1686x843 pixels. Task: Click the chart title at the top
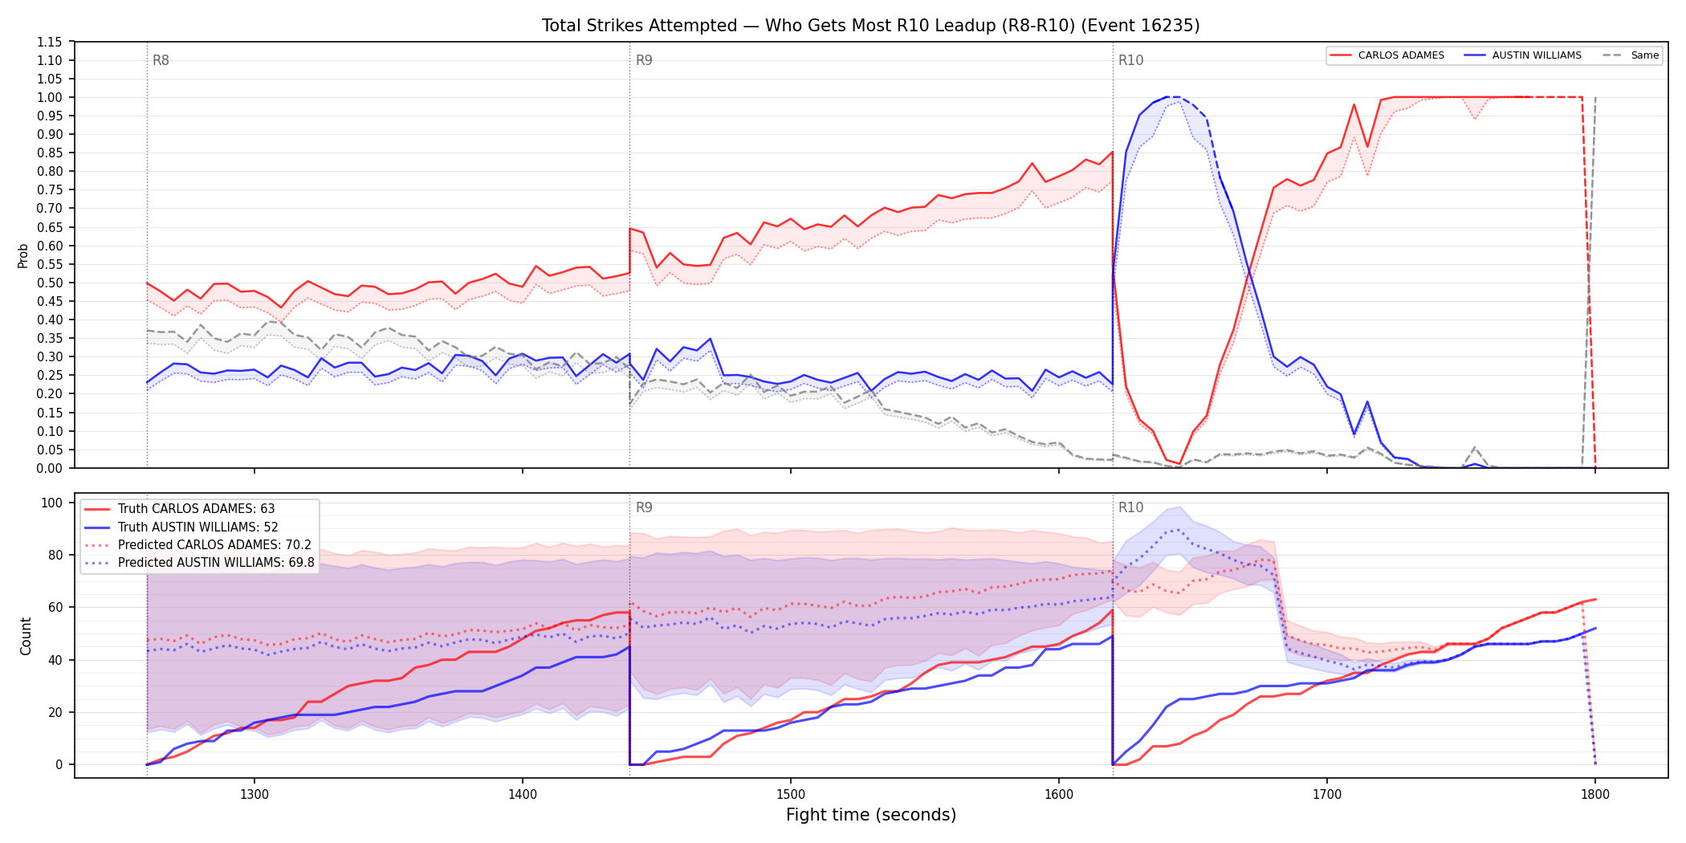point(870,26)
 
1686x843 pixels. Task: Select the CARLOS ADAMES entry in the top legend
point(1387,55)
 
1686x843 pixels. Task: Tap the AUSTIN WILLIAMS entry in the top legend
point(1523,55)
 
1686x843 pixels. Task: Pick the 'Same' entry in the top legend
point(1631,55)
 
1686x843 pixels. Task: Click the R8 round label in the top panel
point(161,60)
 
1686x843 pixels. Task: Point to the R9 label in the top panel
point(644,60)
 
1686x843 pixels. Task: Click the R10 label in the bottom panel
point(1130,507)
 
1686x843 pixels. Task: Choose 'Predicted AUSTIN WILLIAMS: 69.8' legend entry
point(200,562)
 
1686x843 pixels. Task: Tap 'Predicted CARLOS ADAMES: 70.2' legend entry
point(198,544)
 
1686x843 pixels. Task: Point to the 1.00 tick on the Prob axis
point(49,97)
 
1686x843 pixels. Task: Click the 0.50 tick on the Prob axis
point(49,283)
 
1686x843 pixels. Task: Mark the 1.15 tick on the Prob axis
point(49,42)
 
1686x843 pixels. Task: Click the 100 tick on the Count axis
point(52,503)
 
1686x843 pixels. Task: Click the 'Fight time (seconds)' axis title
point(871,815)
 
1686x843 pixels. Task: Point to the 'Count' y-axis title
point(26,636)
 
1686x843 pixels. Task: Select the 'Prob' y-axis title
point(23,255)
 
